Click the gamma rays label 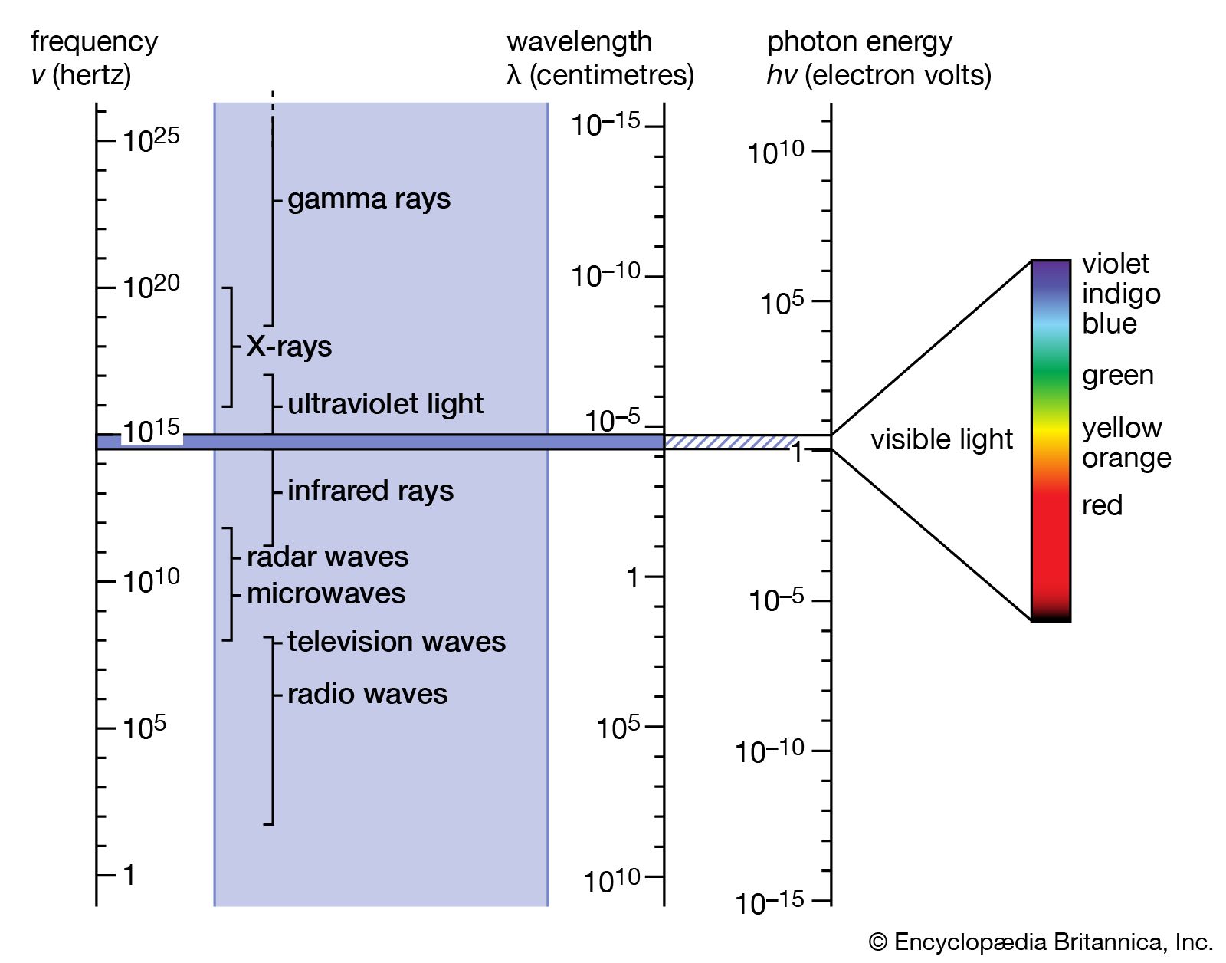369,199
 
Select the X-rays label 289,347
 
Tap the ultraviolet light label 385,404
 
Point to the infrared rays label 370,491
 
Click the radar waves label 327,557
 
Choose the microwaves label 326,593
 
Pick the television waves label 396,642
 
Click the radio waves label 367,694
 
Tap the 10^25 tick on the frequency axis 151,140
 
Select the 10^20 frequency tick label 151,288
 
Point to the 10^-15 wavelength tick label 605,124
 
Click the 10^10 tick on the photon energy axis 776,153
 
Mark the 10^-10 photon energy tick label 769,751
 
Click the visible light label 941,439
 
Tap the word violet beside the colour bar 1115,264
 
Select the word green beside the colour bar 1117,375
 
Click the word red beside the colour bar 1102,505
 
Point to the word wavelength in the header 579,41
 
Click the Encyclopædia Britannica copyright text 1041,942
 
